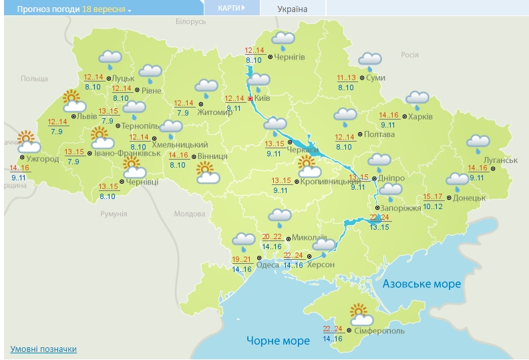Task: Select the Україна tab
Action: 293,9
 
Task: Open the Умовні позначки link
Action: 43,349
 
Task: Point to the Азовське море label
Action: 421,284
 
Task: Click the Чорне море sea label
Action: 278,341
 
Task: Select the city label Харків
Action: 420,116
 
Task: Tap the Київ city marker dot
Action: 250,99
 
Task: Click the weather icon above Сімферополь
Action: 361,313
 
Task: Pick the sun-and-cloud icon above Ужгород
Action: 27,142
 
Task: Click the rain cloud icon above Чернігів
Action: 283,40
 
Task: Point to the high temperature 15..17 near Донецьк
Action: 433,197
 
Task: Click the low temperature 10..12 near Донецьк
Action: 433,206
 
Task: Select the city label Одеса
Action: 268,264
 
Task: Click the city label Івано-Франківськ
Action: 128,153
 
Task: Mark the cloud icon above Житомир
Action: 206,87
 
